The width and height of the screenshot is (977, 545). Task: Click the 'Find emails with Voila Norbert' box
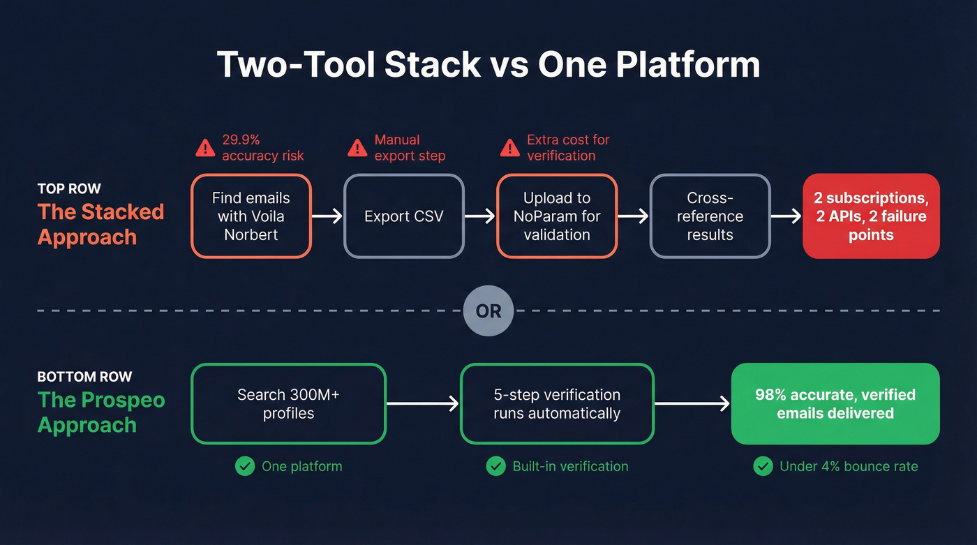251,216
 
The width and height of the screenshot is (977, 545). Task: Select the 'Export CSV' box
403,216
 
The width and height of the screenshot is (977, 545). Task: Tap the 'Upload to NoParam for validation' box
556,216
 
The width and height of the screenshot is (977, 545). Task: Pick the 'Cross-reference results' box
710,216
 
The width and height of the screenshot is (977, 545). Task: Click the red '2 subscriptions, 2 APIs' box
871,216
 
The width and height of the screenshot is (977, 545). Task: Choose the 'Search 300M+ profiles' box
288,403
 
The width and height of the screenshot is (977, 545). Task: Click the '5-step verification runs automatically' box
556,403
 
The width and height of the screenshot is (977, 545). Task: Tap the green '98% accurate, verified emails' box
835,403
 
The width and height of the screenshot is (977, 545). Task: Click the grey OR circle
488,311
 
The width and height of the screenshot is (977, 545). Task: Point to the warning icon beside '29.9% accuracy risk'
205,147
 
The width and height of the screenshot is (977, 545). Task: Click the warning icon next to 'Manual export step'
357,147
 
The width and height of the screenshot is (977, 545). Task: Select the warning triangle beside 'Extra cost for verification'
509,147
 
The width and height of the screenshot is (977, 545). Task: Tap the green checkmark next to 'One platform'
245,466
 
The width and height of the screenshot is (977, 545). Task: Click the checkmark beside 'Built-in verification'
495,466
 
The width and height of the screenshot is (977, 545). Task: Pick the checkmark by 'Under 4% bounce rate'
763,466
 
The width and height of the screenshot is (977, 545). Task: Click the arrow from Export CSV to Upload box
480,216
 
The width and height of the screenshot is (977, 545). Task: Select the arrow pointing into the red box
786,216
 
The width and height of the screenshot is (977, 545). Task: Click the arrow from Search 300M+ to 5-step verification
423,403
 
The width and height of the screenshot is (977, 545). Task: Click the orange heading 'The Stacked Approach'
100,224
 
